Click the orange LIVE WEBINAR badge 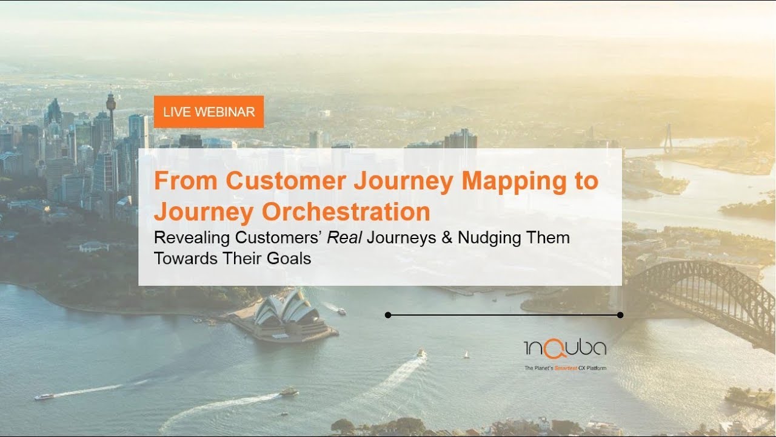tap(209, 112)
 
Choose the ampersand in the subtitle tap(447, 237)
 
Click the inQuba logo tap(565, 349)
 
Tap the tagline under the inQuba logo tap(565, 368)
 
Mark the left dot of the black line tap(388, 315)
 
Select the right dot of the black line tap(620, 315)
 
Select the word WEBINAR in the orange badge tap(229, 112)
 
